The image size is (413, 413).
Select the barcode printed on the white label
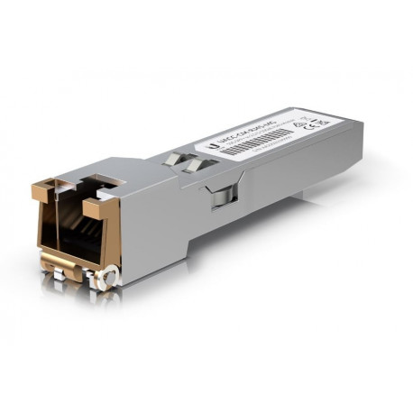(258, 143)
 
